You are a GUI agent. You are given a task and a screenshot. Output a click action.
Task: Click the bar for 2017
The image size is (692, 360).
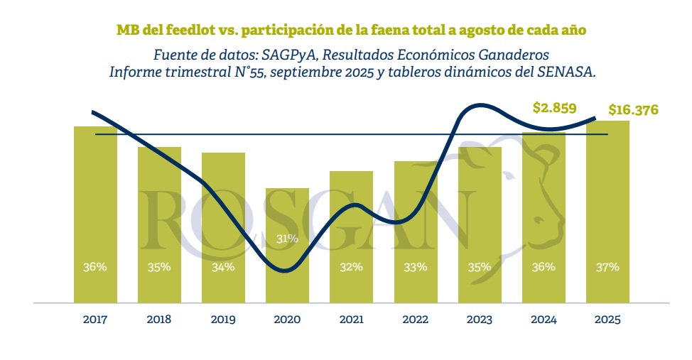click(x=95, y=213)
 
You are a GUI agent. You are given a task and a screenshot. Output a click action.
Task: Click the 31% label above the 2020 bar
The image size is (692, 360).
click(x=287, y=239)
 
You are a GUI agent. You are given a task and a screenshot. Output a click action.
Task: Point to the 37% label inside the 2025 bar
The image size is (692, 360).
click(x=607, y=268)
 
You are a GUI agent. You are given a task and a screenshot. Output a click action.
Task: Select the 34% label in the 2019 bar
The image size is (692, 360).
click(x=223, y=268)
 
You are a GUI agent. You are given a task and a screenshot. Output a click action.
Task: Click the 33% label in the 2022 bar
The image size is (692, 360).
click(x=415, y=268)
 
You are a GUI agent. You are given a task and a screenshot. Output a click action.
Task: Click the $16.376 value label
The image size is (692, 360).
click(x=633, y=110)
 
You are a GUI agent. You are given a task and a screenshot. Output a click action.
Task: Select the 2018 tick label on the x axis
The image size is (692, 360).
click(x=159, y=320)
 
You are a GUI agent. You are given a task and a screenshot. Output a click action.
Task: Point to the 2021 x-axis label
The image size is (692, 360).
click(x=351, y=320)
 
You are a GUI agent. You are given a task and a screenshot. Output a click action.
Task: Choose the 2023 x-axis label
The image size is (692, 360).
click(x=479, y=320)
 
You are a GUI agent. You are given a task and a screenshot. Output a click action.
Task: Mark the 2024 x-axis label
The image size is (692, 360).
click(x=543, y=320)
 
